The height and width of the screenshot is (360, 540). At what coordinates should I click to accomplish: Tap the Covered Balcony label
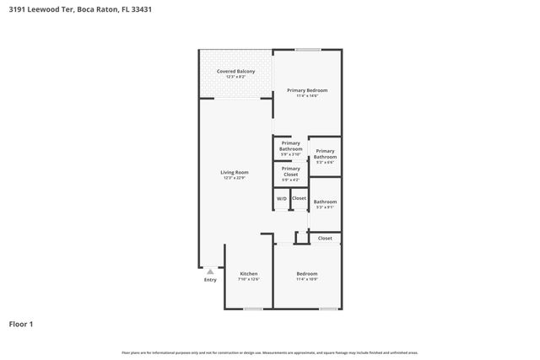pos(235,71)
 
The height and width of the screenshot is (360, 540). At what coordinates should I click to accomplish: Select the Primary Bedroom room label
pos(307,90)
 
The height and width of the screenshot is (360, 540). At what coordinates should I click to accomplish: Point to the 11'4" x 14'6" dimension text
pos(307,96)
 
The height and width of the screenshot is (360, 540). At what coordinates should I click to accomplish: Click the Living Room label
pos(235,172)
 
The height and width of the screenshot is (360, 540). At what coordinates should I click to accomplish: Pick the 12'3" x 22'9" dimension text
pos(235,178)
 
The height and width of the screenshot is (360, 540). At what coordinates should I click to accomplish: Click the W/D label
pos(282,198)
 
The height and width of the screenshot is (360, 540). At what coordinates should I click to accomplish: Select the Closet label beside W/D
pos(299,198)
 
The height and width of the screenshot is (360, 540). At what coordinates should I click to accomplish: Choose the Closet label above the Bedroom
pos(325,238)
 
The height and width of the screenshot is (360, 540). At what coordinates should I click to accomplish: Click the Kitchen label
pos(248,273)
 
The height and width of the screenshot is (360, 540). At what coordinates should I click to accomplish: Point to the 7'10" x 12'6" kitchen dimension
pos(248,279)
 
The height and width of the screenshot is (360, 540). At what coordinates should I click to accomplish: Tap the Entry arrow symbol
pos(210,271)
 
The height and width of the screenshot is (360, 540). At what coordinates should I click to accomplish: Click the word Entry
pos(210,280)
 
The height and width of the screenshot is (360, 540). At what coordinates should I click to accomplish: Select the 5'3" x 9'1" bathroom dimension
pos(325,207)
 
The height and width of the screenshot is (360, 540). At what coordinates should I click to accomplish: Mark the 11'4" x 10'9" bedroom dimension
pos(307,279)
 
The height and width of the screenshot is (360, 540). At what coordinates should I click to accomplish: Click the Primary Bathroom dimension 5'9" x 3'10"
pos(291,154)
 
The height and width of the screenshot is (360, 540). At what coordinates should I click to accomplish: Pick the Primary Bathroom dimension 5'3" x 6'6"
pos(325,163)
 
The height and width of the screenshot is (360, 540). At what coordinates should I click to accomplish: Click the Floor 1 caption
pos(21,323)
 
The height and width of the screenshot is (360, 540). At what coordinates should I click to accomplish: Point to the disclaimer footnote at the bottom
pos(269,352)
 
